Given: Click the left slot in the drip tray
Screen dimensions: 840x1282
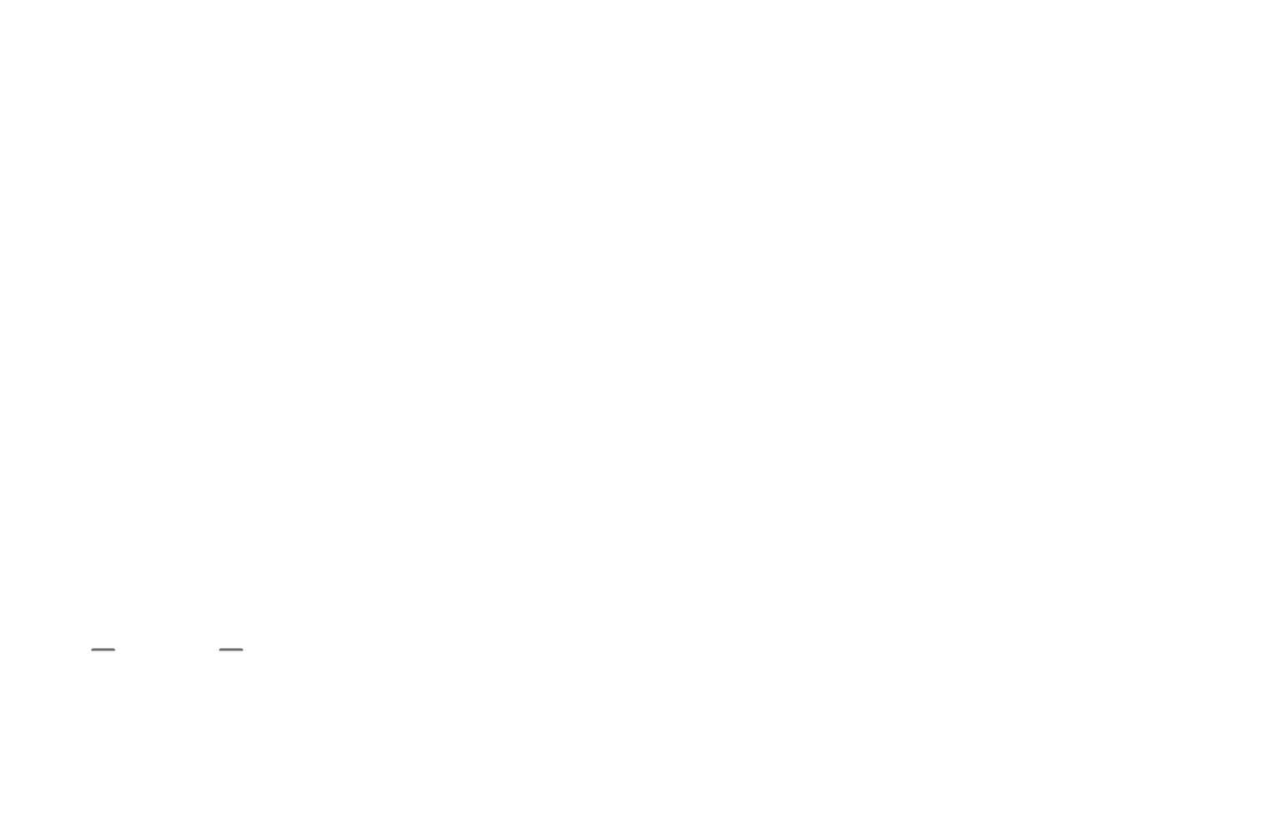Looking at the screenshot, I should [103, 649].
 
